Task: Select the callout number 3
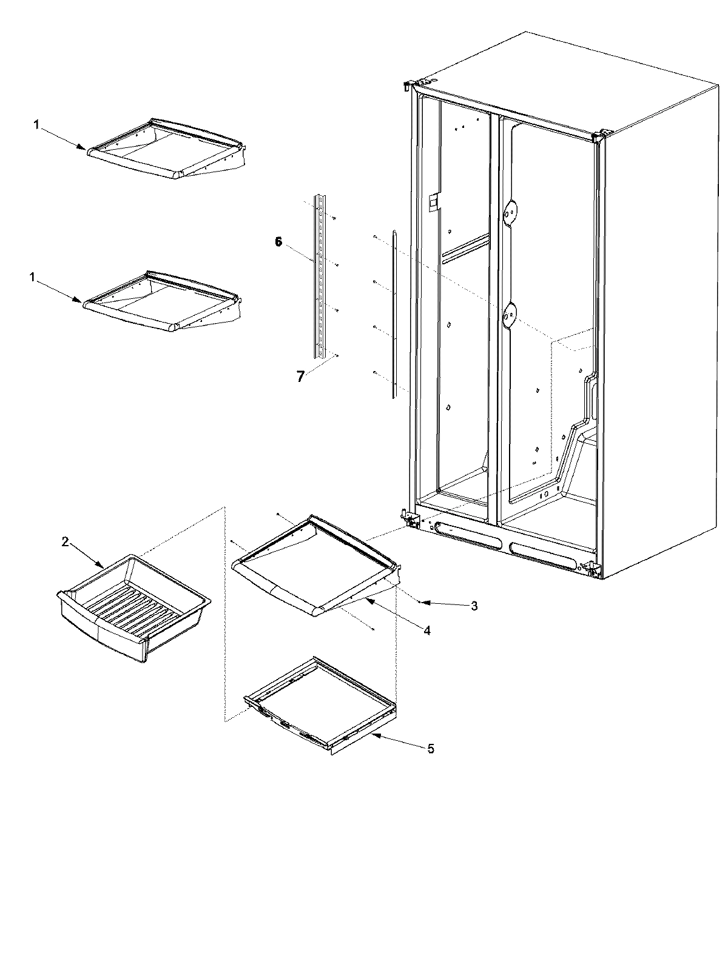point(474,605)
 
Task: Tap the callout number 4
point(427,630)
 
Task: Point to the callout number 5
point(431,749)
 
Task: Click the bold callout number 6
point(278,242)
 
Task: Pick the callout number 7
point(300,376)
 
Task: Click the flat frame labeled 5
point(318,703)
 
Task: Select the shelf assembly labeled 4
point(315,573)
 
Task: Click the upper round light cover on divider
point(511,212)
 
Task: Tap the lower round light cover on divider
point(510,313)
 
